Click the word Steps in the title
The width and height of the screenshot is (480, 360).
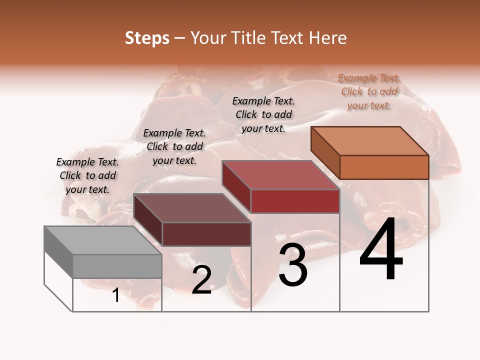click(147, 38)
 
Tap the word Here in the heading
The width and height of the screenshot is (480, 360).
click(327, 38)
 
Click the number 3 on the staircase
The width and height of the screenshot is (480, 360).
click(292, 265)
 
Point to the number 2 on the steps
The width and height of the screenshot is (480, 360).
click(201, 280)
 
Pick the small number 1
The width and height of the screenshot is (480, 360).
click(116, 295)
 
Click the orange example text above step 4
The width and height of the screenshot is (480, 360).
click(369, 91)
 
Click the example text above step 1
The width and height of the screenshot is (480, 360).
click(87, 175)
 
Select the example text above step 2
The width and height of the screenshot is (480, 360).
click(174, 146)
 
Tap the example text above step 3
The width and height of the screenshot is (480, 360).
click(263, 114)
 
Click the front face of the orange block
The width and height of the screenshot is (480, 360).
click(384, 167)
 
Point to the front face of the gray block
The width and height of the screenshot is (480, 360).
click(117, 266)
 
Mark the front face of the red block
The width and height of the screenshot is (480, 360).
click(295, 201)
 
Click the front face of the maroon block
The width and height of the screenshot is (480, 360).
click(206, 234)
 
